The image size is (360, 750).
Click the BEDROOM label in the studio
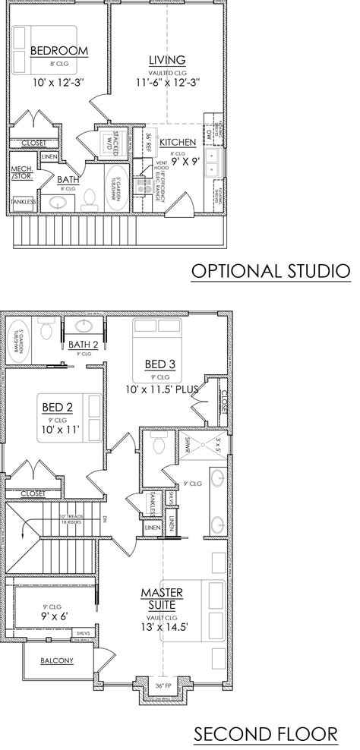[58, 51]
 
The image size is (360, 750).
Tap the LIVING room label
[166, 60]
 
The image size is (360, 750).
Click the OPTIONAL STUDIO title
[270, 270]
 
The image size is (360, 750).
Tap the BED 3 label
[160, 364]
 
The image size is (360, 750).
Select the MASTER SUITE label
[159, 597]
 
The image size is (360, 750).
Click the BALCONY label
[57, 660]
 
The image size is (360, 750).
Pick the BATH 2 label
[84, 345]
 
